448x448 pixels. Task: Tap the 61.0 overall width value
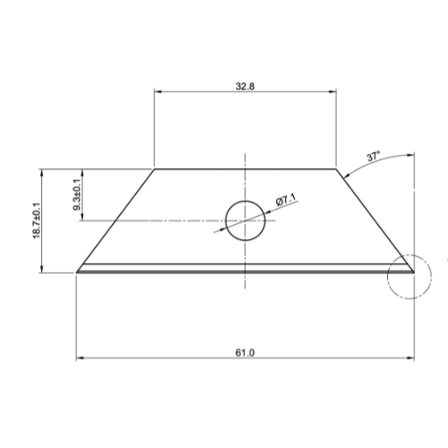click(x=246, y=352)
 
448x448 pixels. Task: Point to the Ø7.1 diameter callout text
click(x=286, y=202)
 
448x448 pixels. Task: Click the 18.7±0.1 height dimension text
click(x=37, y=220)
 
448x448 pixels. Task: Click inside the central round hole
click(x=246, y=220)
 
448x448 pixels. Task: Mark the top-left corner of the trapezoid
click(x=155, y=168)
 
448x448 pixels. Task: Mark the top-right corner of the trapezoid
click(x=337, y=168)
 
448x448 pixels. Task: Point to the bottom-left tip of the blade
click(x=78, y=270)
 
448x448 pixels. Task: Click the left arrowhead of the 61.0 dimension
click(x=82, y=359)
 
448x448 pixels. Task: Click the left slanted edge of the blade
click(x=116, y=219)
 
